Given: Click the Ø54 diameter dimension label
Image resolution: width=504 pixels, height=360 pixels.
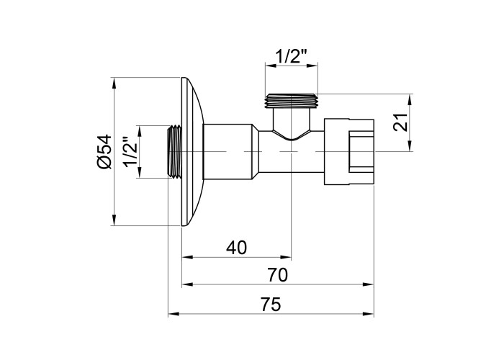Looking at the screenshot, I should pos(104,151).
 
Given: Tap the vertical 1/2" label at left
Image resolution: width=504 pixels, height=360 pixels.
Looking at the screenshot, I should pos(130,152).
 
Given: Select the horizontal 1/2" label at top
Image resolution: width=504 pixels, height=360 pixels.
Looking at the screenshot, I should pos(292,56).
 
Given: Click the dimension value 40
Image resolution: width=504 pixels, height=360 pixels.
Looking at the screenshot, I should pos(236,248).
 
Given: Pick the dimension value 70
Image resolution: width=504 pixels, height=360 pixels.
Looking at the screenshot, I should pos(277,274).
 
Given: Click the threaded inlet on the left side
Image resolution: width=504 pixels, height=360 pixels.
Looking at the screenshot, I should pos(174,152).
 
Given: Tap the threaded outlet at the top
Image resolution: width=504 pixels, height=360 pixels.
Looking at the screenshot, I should pos(292,101).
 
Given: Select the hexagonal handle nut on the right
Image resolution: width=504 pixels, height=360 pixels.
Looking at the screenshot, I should pos(350,152).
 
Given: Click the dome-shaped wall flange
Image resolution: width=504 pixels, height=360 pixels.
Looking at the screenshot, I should pos(192,152).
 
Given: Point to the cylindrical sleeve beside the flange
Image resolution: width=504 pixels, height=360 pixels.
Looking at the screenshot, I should pos(229,152).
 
